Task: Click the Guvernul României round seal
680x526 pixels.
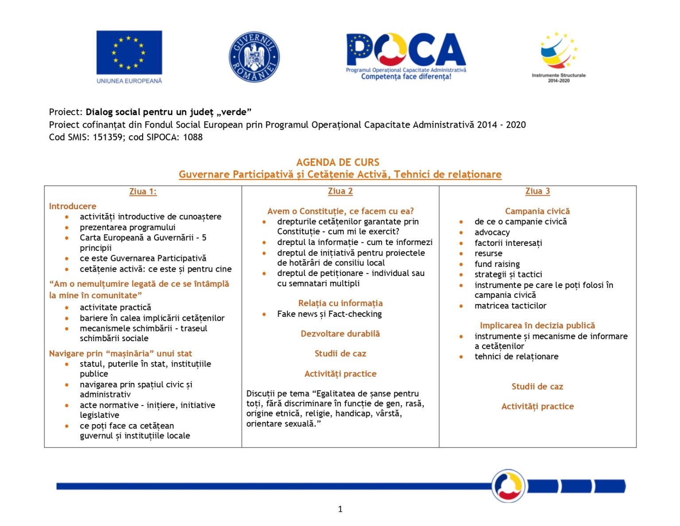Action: pyautogui.click(x=254, y=57)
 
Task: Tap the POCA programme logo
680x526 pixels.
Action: pyautogui.click(x=406, y=55)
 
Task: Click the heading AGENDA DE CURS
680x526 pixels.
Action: pyautogui.click(x=338, y=162)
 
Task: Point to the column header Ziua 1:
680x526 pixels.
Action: pyautogui.click(x=143, y=191)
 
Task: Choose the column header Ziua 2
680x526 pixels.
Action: pyautogui.click(x=340, y=191)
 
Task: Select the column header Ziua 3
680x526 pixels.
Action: pyautogui.click(x=537, y=191)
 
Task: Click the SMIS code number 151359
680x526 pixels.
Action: pyautogui.click(x=108, y=137)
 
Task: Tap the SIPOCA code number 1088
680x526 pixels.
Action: pyautogui.click(x=193, y=137)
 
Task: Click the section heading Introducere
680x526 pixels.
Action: pyautogui.click(x=73, y=206)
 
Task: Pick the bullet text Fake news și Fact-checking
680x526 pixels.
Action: pyautogui.click(x=329, y=314)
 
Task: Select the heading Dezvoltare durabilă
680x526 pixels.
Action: pyautogui.click(x=340, y=334)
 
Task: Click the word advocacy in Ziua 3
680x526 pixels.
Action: pyautogui.click(x=492, y=232)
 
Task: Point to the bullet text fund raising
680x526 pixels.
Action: pyautogui.click(x=497, y=264)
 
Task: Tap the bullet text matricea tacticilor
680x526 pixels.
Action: pyautogui.click(x=510, y=306)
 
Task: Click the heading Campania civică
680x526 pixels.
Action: pyautogui.click(x=537, y=211)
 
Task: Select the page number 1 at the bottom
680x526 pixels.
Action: pyautogui.click(x=340, y=509)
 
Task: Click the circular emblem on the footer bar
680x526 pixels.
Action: pyautogui.click(x=508, y=486)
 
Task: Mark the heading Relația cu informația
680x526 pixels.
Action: pyautogui.click(x=340, y=303)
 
